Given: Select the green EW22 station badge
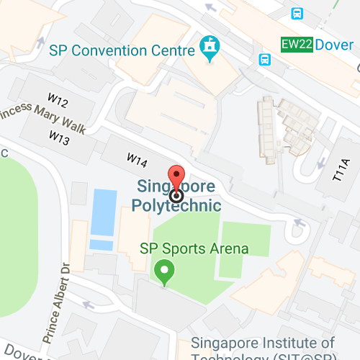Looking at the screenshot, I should point(297,45).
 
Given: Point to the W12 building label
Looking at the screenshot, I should point(58,103).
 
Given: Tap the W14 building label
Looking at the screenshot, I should point(137,158).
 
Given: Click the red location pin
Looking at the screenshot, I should point(176,177).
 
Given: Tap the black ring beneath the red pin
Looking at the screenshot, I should point(176,195).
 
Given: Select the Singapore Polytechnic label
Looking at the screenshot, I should point(177,195).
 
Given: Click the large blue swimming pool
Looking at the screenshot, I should point(103,212).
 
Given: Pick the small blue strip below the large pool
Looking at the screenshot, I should point(102,246).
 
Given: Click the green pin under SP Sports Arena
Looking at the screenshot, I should point(165,273).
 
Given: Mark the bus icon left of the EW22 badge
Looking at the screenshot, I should point(266,59).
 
